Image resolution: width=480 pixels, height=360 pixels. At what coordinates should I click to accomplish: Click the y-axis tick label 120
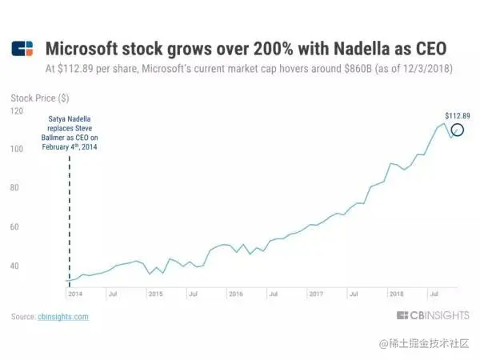coord(17,110)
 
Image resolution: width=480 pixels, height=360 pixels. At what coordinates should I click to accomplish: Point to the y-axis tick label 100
coord(17,149)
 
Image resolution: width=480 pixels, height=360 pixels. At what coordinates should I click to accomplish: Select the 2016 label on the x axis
coord(235,294)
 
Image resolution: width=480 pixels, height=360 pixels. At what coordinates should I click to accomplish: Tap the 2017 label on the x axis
coord(315,294)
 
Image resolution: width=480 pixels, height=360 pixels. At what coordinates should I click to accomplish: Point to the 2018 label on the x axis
coord(396,294)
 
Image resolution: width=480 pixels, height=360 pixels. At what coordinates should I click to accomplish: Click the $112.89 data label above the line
coord(457,116)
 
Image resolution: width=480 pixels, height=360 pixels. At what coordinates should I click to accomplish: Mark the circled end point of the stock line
coord(457,130)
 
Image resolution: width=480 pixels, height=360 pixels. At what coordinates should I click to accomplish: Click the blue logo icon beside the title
coord(22,49)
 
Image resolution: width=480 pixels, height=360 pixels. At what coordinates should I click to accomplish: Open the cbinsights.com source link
coord(63,317)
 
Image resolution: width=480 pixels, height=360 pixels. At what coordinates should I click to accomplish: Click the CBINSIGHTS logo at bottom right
coord(432,316)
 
